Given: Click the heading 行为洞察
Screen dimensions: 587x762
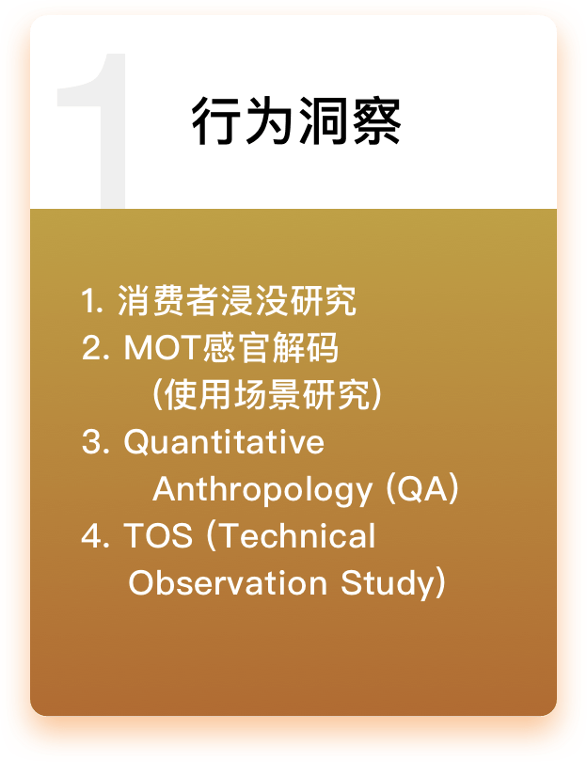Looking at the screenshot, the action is point(296,120).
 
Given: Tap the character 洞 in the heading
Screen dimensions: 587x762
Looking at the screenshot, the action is point(324,120).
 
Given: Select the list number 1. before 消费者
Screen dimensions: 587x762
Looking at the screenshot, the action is point(92,300).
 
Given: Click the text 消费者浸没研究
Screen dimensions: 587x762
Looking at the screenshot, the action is point(238,301).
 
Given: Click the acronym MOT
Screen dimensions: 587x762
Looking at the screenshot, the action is point(163,347).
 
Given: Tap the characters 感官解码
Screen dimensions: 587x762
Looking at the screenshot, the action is point(270,347).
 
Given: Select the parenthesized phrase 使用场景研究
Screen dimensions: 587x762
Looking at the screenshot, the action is point(267,394).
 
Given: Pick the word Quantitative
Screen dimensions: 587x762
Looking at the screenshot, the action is point(224,442).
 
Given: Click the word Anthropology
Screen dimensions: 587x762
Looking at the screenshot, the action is point(262,489).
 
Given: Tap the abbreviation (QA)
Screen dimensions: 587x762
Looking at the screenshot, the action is point(422,488).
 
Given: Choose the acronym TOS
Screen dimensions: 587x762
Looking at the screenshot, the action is point(158,536).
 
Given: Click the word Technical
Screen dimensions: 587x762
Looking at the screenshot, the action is point(292,535).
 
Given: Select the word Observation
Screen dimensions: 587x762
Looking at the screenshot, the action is point(228,582).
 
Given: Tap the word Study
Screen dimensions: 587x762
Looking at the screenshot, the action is point(393,582).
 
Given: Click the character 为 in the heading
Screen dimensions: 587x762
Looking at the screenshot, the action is point(270,120).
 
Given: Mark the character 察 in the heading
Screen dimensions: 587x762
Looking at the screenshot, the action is point(376,120).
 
